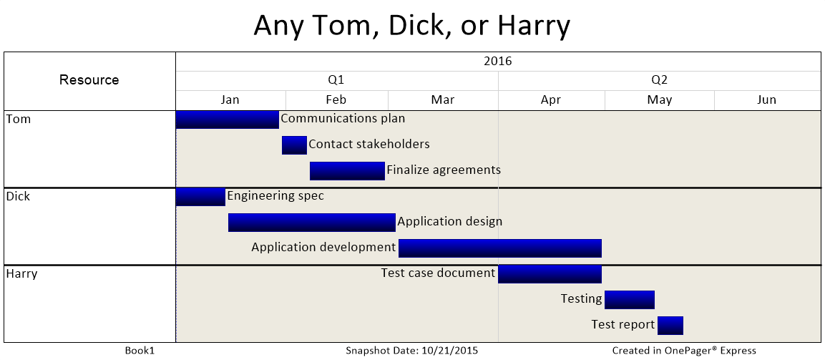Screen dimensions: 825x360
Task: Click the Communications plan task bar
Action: click(228, 120)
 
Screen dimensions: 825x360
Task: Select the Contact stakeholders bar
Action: click(294, 145)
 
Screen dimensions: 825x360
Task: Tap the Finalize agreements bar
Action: click(347, 171)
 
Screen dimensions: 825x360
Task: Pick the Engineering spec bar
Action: click(200, 197)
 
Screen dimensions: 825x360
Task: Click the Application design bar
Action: click(312, 223)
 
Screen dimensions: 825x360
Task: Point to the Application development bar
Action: click(500, 248)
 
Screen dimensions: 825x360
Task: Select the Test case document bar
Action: click(550, 274)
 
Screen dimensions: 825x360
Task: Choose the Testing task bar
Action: click(630, 300)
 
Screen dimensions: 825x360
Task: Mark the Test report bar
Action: click(670, 326)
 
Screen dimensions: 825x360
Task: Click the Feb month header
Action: click(336, 100)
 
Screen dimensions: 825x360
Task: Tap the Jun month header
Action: click(767, 100)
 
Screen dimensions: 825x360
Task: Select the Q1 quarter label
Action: click(336, 80)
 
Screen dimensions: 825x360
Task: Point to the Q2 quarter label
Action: click(659, 80)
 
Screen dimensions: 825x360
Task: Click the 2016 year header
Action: click(498, 61)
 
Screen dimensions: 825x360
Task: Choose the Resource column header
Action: click(89, 80)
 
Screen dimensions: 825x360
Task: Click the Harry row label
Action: click(21, 274)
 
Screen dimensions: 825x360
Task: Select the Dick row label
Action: click(18, 197)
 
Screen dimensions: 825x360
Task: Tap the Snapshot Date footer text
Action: click(412, 351)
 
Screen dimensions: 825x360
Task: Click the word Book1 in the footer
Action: click(140, 351)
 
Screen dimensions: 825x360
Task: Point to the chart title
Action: click(412, 26)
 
